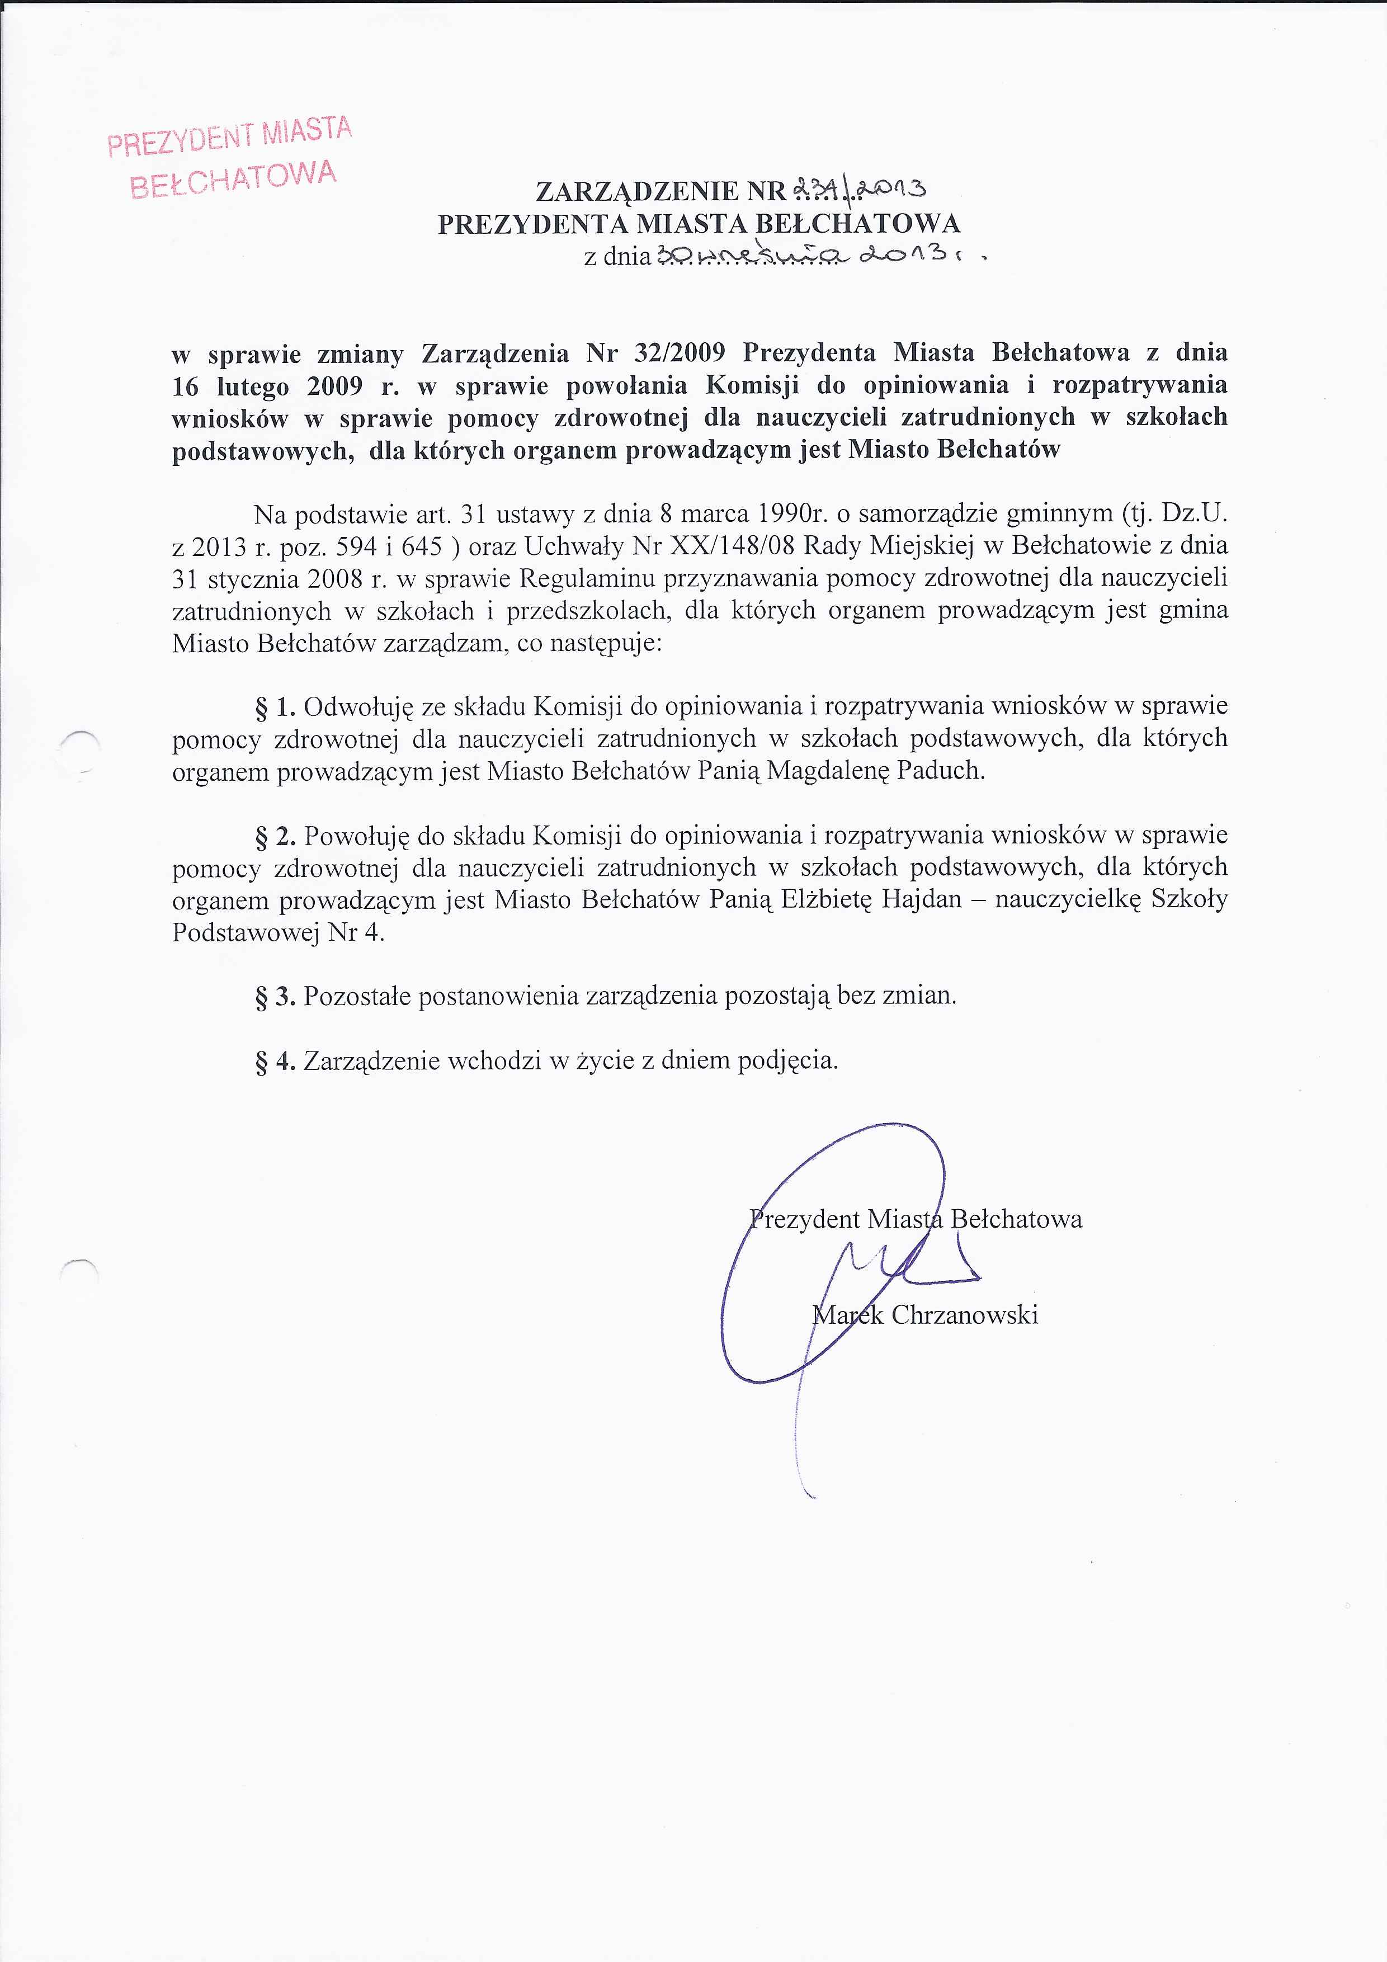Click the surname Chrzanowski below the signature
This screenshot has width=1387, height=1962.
tap(964, 1315)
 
